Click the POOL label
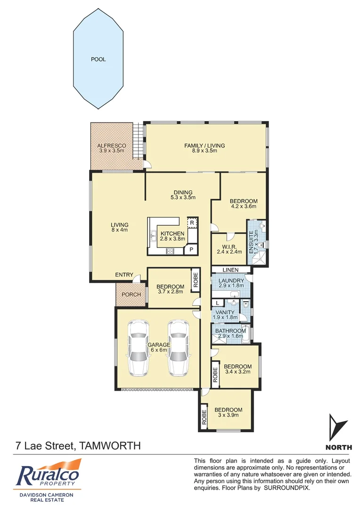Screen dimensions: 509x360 tap(98, 59)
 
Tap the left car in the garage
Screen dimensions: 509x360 tap(139, 347)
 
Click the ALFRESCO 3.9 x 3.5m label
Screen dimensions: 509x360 tap(110, 148)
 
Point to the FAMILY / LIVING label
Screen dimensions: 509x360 tap(204, 148)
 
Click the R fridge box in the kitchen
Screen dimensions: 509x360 tap(192, 222)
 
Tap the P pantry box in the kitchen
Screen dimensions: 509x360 tap(192, 249)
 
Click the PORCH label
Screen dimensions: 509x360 tap(131, 295)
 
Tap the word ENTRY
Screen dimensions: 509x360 tap(124, 275)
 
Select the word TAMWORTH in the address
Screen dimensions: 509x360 tap(109, 445)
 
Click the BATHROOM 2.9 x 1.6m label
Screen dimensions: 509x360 tap(230, 334)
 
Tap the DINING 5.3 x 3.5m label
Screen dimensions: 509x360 tap(183, 195)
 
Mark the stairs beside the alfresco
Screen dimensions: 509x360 tap(138, 141)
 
